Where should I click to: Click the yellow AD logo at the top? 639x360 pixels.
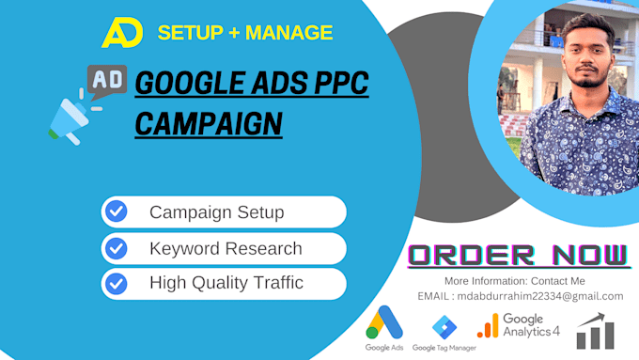[x=121, y=32]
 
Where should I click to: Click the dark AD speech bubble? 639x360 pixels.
[x=107, y=81]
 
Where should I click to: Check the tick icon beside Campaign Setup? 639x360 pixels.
[x=117, y=211]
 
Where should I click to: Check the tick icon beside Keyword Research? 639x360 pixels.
[x=117, y=248]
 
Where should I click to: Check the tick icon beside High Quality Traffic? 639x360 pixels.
[x=117, y=282]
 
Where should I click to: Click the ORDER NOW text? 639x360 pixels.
[x=519, y=255]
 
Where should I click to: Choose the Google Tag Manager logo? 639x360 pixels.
[x=444, y=329]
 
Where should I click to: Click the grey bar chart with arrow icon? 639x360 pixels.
[x=596, y=329]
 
